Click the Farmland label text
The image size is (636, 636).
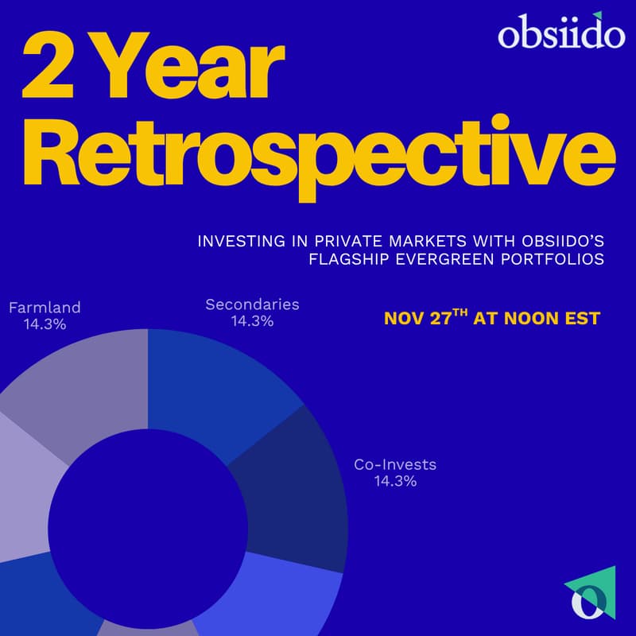(45, 307)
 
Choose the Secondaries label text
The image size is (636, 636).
(252, 304)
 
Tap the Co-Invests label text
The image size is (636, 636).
(395, 465)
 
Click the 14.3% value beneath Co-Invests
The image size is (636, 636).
(395, 482)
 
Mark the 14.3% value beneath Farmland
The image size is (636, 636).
(45, 324)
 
